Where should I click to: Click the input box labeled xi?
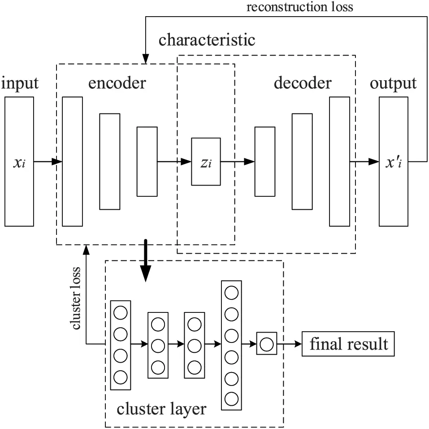[19, 161]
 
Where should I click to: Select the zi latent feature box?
[206, 161]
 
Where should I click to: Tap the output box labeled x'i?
[394, 161]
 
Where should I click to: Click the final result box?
[348, 344]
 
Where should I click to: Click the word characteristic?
[207, 40]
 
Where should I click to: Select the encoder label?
[117, 83]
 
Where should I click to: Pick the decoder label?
[303, 83]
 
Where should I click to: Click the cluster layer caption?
[161, 408]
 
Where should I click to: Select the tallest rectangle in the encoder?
[73, 161]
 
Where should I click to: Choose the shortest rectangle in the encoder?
[147, 161]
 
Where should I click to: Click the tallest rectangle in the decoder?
[339, 161]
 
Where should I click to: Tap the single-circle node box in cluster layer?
[267, 344]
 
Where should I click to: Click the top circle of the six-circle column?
[231, 293]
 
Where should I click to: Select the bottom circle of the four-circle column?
[121, 377]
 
